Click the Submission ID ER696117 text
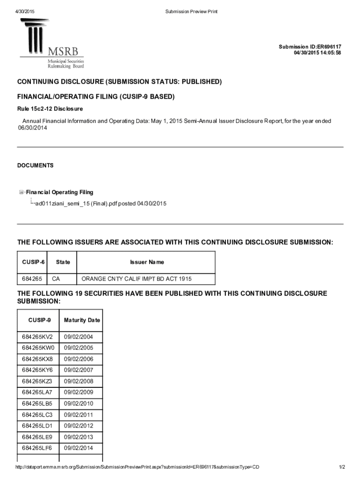tap(310, 47)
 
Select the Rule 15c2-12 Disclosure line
tap(50, 109)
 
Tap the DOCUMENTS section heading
tap(36, 166)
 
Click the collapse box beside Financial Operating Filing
tap(22, 192)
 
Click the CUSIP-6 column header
tap(33, 262)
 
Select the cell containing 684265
tap(32, 279)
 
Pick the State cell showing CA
tap(56, 279)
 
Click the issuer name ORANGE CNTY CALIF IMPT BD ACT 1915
tap(137, 279)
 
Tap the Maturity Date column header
tap(82, 320)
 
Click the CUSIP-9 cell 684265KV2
tap(37, 337)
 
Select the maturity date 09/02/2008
tap(79, 381)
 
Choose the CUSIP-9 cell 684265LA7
tap(37, 392)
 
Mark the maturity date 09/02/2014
tap(79, 448)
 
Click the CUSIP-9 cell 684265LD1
tap(37, 426)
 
